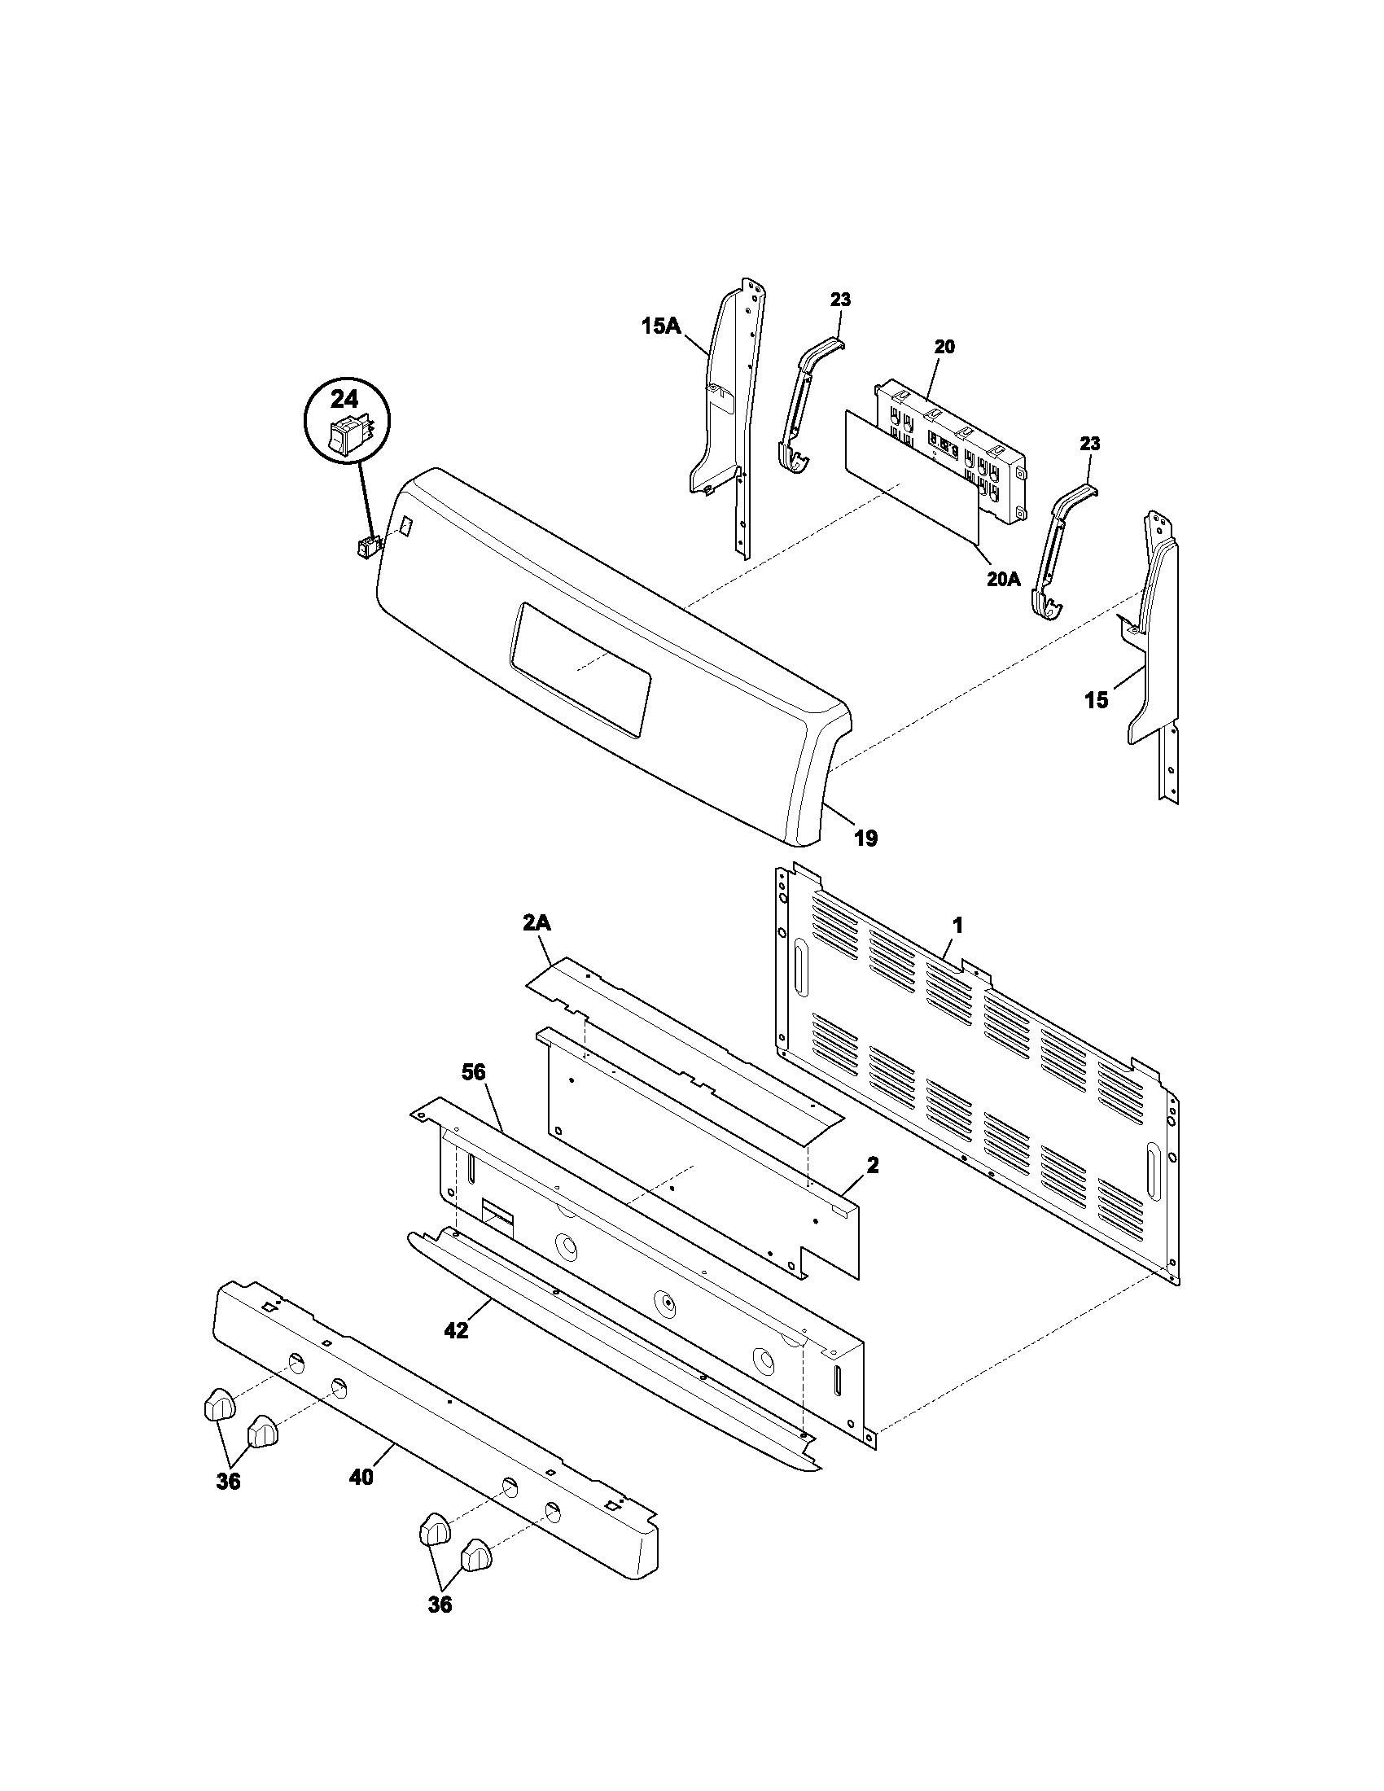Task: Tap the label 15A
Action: pos(661,326)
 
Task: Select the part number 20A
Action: pos(1004,579)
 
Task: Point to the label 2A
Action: pos(537,923)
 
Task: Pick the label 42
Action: pos(456,1330)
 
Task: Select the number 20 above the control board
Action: pos(944,347)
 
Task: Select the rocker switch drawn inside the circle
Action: pos(344,436)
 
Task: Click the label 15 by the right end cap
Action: pos(1097,699)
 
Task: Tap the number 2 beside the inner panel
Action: pos(873,1164)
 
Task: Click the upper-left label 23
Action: pos(840,300)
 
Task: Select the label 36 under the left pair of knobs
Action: pos(229,1481)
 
